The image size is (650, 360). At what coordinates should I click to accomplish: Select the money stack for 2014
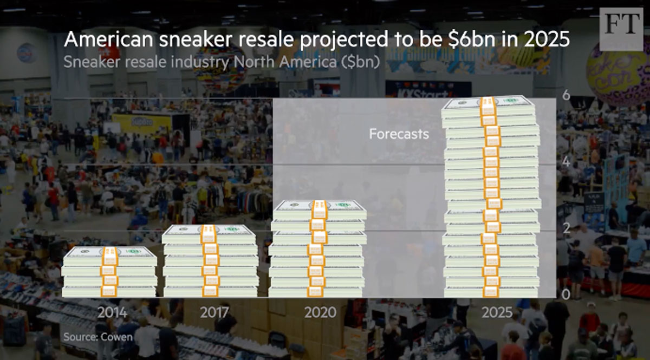coord(110,272)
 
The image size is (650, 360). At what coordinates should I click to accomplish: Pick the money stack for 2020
coord(318,248)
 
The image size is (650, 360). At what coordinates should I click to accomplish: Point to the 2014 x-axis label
coord(113,312)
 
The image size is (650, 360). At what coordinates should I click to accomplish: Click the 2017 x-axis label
coord(214,312)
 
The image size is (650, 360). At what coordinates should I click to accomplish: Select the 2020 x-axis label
coord(320,312)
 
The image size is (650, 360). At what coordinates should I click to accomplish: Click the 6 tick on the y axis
coord(567,95)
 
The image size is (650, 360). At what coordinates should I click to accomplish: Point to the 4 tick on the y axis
coord(567,162)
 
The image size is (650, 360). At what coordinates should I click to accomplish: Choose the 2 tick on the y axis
coord(567,228)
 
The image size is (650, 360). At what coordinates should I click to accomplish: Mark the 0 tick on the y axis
coord(567,295)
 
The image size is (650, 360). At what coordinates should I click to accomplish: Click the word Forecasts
coord(399,134)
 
